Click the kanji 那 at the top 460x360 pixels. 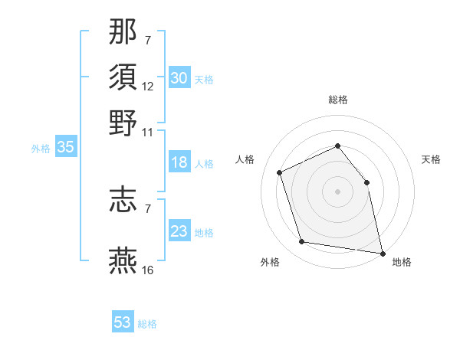click(123, 31)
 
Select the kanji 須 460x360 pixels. click(123, 77)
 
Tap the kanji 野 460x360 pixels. click(123, 123)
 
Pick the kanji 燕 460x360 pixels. click(123, 260)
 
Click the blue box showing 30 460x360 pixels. click(179, 78)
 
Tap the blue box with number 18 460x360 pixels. click(179, 162)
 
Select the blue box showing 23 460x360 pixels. click(179, 231)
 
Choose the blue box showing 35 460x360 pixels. click(65, 148)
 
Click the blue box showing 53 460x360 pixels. click(123, 322)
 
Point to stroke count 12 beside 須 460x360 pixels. click(148, 87)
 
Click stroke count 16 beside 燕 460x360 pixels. click(148, 270)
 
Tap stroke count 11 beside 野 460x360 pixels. click(148, 132)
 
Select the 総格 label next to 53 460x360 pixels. click(147, 324)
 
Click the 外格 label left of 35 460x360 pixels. click(40, 149)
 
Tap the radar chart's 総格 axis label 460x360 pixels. click(337, 100)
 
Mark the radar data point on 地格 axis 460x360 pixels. click(381, 252)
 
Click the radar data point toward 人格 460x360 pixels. click(280, 172)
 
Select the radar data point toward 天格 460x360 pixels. click(366, 182)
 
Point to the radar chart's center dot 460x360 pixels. click(337, 191)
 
